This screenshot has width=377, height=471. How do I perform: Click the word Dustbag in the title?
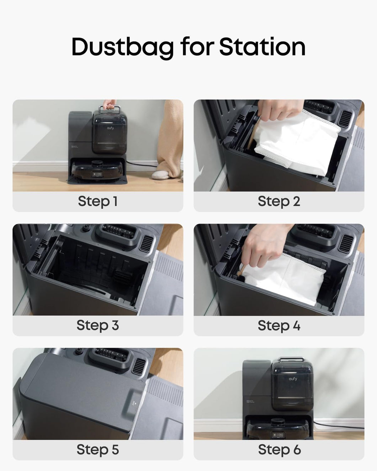[123, 47]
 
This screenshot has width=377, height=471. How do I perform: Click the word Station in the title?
[262, 47]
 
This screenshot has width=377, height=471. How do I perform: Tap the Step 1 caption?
[98, 201]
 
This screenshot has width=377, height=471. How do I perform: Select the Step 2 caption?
[279, 201]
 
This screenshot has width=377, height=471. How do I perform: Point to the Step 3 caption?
[98, 325]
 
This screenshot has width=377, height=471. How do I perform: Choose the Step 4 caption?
[279, 325]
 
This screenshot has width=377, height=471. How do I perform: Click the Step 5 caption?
[98, 449]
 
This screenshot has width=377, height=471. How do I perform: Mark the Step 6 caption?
[279, 449]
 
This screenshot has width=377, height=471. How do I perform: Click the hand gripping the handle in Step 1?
[109, 104]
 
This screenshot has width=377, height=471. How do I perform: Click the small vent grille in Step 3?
[146, 243]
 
